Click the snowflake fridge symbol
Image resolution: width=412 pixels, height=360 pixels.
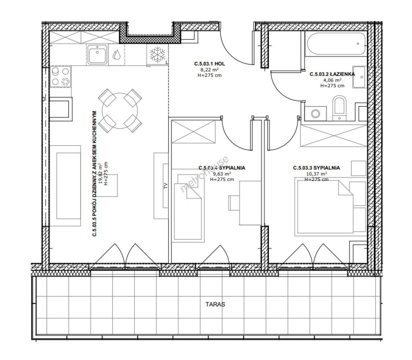point(157,55)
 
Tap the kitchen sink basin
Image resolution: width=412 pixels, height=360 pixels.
point(97,54)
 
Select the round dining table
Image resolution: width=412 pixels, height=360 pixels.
point(120,111)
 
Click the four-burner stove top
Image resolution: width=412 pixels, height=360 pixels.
point(60,77)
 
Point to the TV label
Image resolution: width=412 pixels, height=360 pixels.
point(166,186)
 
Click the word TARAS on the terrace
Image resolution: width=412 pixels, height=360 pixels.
point(215,304)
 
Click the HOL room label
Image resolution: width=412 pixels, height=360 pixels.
point(220,64)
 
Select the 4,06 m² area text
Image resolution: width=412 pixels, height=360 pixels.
point(332,80)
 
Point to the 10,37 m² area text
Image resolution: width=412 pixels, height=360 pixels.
point(316,174)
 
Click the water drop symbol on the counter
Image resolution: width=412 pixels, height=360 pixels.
point(116,54)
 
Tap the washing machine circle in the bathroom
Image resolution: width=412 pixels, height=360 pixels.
point(315,114)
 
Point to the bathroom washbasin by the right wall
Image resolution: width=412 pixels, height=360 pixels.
point(359,77)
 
